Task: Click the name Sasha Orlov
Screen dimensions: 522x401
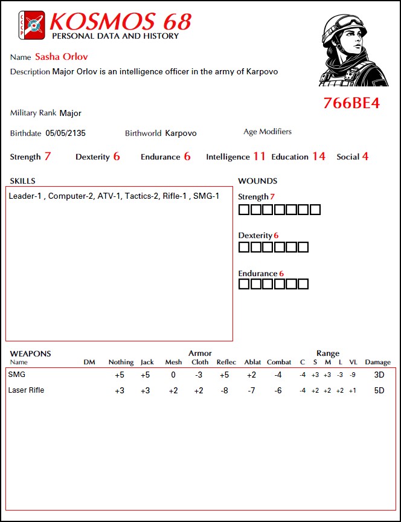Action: pos(62,57)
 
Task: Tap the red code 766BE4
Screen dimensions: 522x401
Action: pos(351,103)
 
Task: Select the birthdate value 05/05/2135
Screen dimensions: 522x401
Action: pos(65,133)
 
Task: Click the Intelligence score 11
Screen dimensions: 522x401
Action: pos(259,156)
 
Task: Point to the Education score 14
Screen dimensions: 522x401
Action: pos(318,156)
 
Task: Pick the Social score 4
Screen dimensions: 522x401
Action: pos(365,156)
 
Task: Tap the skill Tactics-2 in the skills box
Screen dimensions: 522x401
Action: pos(141,196)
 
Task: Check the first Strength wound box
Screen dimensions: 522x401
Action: pos(243,210)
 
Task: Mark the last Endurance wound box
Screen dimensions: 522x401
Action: pos(303,284)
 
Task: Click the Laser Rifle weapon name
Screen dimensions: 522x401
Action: pos(26,390)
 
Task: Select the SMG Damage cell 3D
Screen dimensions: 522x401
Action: pos(379,375)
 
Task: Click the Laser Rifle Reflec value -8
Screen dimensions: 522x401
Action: pos(222,391)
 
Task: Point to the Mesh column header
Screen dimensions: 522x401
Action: pos(173,362)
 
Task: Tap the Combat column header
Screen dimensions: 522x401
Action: pos(278,362)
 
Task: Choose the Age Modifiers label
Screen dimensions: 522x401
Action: pos(268,132)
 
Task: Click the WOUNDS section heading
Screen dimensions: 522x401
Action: pos(258,181)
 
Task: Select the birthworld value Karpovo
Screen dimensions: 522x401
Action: pos(181,133)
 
